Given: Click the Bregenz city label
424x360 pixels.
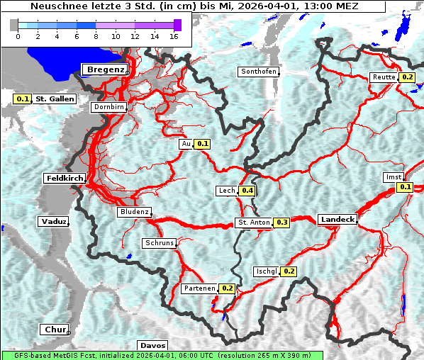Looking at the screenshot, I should tap(106, 69).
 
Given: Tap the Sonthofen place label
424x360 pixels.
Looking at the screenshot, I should tap(259, 72).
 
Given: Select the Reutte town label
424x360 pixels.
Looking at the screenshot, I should tap(383, 77).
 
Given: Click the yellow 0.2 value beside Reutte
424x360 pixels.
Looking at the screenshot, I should tap(407, 77).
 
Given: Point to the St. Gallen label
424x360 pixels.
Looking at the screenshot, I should tap(55, 99).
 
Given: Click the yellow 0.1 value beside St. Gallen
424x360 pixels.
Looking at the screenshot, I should tap(22, 99).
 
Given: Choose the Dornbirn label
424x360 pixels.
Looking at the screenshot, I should tap(108, 107).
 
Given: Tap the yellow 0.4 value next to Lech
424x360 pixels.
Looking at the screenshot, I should tap(247, 191).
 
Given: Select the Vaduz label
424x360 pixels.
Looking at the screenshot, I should tap(53, 222).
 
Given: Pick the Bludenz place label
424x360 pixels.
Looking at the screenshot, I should tap(134, 212).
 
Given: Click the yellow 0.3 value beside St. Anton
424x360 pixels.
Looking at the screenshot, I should tap(282, 223).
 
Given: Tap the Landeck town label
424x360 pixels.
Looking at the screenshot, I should tap(337, 220).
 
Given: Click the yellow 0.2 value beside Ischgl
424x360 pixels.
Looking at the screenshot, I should tap(289, 271).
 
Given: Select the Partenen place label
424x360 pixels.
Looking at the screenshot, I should tap(199, 288).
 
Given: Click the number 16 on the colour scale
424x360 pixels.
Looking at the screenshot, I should tap(174, 35).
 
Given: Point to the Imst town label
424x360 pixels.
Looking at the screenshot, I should tap(393, 176).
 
